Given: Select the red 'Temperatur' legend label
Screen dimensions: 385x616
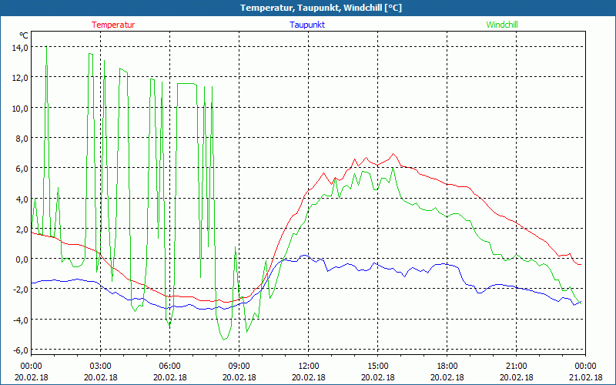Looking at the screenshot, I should point(113,25).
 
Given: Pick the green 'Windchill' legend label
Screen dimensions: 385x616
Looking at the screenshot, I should point(502,25).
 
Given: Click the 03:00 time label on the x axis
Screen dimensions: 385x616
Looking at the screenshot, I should point(100,365).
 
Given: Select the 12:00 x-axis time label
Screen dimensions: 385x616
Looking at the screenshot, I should point(308,365).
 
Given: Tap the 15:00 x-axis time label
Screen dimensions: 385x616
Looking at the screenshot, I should point(377,365).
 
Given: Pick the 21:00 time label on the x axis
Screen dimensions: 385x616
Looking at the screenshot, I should point(516,365).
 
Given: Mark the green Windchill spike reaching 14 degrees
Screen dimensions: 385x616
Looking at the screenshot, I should point(46,48).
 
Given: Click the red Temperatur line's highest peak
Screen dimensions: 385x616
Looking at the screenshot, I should point(393,154).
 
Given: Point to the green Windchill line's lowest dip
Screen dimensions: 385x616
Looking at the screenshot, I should point(224,339).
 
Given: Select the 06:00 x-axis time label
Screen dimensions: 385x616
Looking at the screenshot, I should point(169,365).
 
